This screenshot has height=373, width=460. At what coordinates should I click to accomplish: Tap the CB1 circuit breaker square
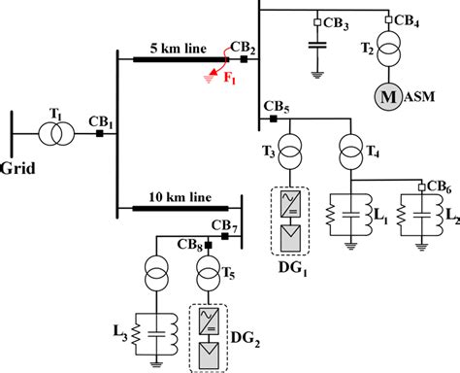(x=99, y=133)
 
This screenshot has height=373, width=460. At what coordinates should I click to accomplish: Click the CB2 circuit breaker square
(x=244, y=60)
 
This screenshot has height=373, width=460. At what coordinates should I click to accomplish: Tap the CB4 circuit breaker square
(x=389, y=20)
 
